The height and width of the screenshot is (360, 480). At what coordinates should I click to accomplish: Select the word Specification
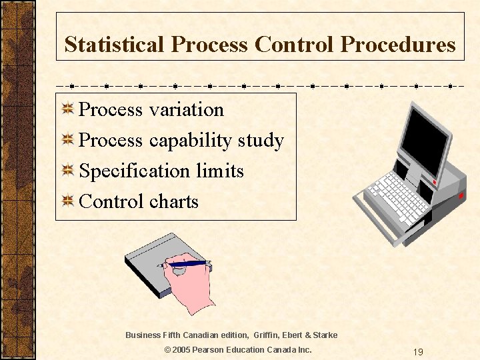tap(135, 171)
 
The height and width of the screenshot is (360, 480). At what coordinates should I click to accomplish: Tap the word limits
tap(220, 171)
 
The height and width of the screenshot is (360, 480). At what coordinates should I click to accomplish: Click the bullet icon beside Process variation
tap(67, 109)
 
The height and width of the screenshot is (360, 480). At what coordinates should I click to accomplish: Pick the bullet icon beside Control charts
tap(67, 201)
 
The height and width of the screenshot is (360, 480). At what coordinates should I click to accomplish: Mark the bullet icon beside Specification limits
tap(67, 171)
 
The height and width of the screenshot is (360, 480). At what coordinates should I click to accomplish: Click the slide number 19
tap(417, 351)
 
